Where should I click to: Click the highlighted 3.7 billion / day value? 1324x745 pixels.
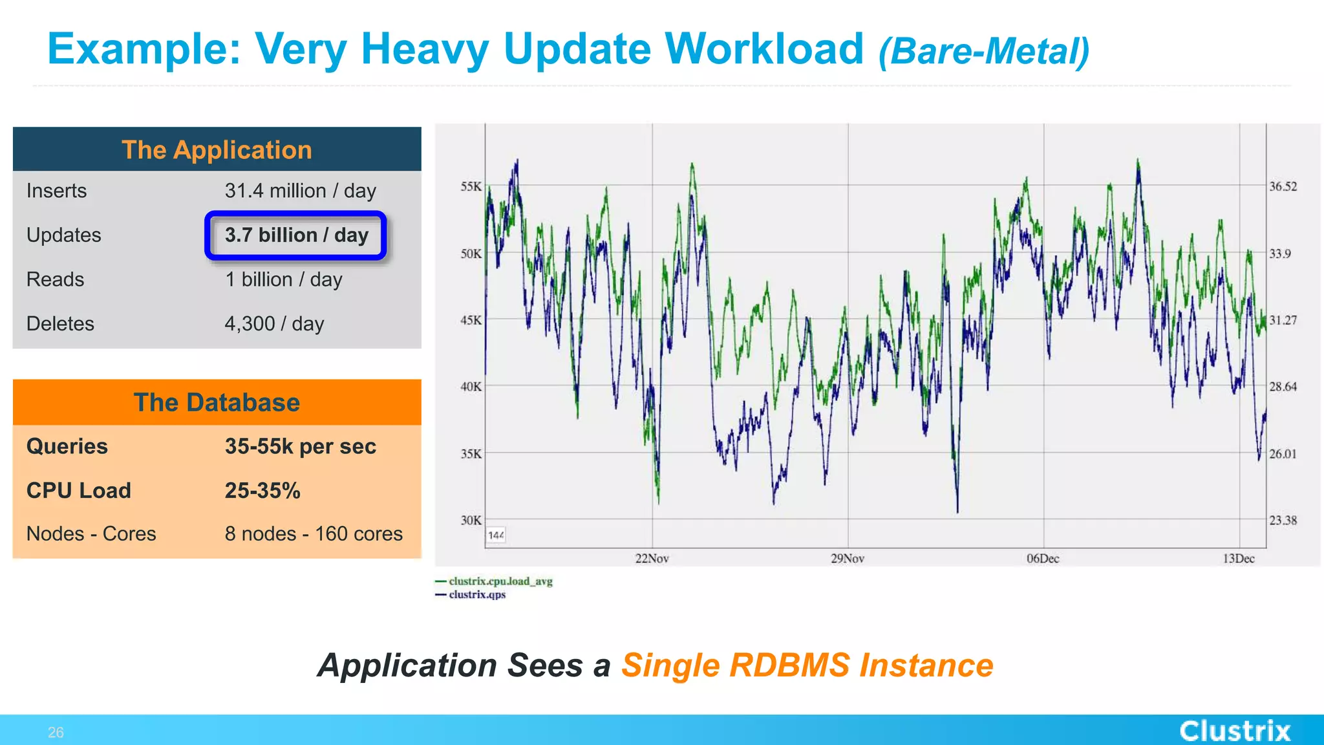(x=296, y=235)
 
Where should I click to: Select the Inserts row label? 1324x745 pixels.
(x=56, y=191)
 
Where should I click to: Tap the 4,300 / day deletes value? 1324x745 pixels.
(x=274, y=323)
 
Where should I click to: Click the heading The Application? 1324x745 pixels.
(x=217, y=150)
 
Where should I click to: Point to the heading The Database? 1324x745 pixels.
(x=217, y=402)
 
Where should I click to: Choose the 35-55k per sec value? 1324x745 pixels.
(x=300, y=446)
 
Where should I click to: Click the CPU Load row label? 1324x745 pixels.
(x=78, y=490)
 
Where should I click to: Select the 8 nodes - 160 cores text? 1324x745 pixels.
(x=314, y=534)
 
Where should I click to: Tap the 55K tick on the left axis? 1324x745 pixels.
(x=471, y=186)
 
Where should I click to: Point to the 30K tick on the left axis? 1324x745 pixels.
(x=471, y=520)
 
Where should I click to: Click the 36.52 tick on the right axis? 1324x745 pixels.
(x=1283, y=186)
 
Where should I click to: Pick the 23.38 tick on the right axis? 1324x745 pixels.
(x=1283, y=520)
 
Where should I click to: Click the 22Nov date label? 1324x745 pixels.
(x=652, y=558)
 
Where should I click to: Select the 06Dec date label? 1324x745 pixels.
(x=1043, y=558)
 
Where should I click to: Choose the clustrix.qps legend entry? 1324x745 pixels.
(x=477, y=594)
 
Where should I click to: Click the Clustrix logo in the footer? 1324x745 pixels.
(x=1235, y=731)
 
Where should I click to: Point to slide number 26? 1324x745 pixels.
(x=56, y=732)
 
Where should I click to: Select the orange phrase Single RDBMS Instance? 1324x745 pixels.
(x=807, y=665)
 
